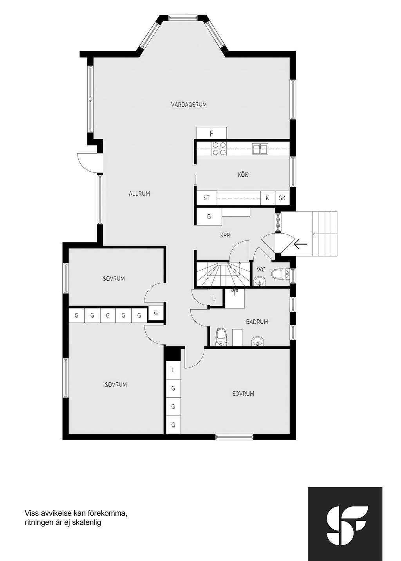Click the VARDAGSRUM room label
(x=189, y=104)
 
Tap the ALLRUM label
(x=139, y=194)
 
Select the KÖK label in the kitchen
(x=243, y=175)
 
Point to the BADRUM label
(x=257, y=322)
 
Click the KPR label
(x=225, y=235)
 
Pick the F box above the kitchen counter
(x=211, y=133)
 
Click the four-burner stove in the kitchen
(x=219, y=149)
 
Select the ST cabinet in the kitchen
(x=206, y=198)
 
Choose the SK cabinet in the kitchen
(x=282, y=198)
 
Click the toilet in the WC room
(x=279, y=274)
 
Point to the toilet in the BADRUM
(x=221, y=337)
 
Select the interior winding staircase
(x=223, y=274)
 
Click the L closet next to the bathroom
(x=213, y=298)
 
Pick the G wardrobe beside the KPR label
(x=209, y=216)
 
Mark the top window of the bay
(x=182, y=18)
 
